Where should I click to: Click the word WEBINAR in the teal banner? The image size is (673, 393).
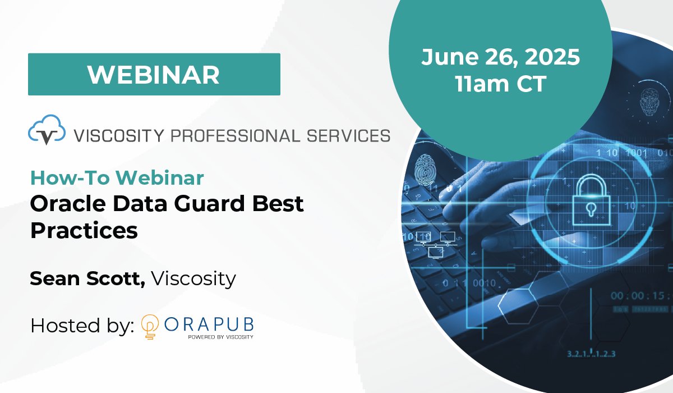pyautogui.click(x=154, y=75)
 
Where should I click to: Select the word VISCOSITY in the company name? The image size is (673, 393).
pyautogui.click(x=117, y=135)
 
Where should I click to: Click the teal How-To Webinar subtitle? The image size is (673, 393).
pyautogui.click(x=117, y=178)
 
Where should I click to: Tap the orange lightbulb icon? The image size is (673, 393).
pyautogui.click(x=149, y=326)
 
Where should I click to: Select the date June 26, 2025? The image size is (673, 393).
pyautogui.click(x=500, y=57)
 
